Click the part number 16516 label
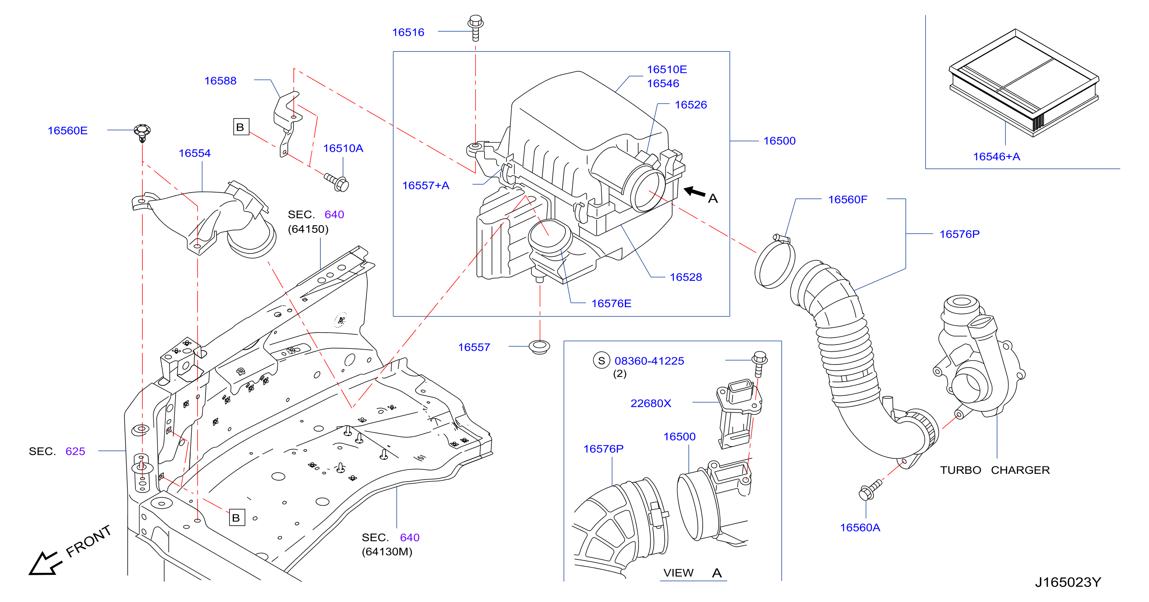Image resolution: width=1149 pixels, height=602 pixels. click(408, 32)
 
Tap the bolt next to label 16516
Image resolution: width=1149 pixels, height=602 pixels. click(476, 28)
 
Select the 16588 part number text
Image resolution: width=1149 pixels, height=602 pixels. click(220, 81)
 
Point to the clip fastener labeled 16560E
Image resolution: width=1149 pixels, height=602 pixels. click(142, 133)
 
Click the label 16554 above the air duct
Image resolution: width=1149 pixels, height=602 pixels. click(195, 153)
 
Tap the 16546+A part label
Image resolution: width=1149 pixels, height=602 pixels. click(997, 157)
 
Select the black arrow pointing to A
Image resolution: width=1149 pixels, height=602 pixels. click(695, 191)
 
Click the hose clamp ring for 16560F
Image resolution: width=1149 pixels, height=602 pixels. click(775, 262)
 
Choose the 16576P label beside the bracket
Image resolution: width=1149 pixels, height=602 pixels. click(959, 234)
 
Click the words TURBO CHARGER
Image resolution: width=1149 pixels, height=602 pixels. click(995, 470)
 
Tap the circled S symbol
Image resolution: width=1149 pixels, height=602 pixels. click(601, 361)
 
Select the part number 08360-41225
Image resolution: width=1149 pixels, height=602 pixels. click(649, 361)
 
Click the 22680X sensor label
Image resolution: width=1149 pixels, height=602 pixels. click(650, 403)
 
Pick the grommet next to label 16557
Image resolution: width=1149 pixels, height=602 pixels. click(539, 347)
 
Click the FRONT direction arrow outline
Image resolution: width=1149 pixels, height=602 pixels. click(45, 563)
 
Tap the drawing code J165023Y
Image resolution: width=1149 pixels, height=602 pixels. click(1068, 582)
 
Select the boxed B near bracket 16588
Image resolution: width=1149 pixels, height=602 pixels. click(241, 127)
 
